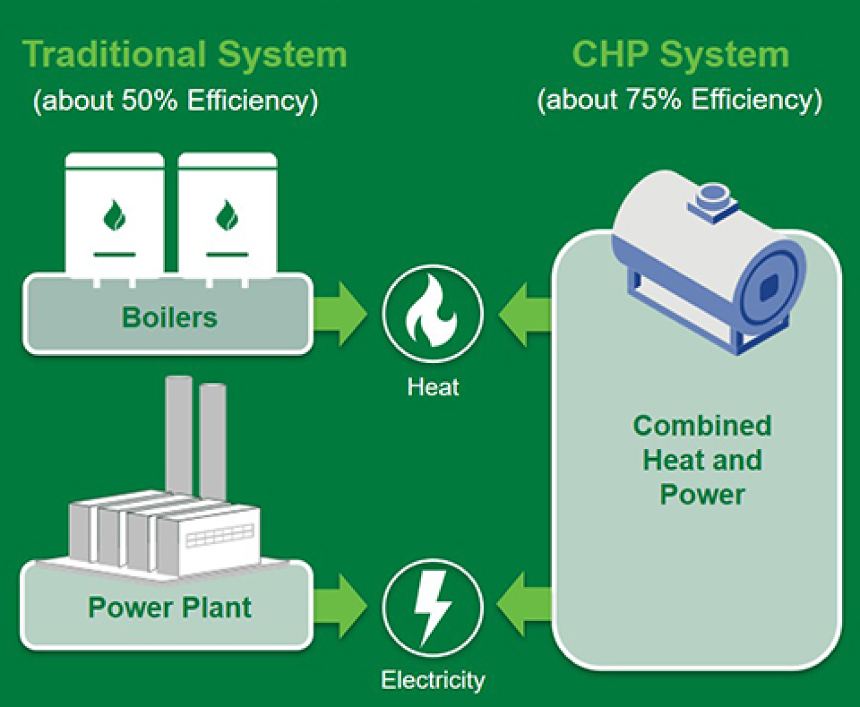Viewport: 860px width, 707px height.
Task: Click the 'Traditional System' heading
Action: click(185, 55)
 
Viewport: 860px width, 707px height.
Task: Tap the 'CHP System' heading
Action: click(680, 55)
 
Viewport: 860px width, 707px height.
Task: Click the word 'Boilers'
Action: click(169, 317)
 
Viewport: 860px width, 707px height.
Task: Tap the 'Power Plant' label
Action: click(169, 608)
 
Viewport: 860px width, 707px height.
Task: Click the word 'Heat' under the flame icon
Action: click(433, 387)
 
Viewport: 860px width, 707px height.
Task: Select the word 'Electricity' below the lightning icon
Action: click(433, 680)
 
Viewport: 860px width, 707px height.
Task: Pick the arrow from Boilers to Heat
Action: click(341, 314)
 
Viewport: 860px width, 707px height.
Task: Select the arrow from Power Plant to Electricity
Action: click(341, 606)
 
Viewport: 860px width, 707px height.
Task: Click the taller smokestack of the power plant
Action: click(179, 433)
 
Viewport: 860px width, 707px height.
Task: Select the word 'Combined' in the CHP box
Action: click(702, 425)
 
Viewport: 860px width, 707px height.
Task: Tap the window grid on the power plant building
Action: click(220, 536)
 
